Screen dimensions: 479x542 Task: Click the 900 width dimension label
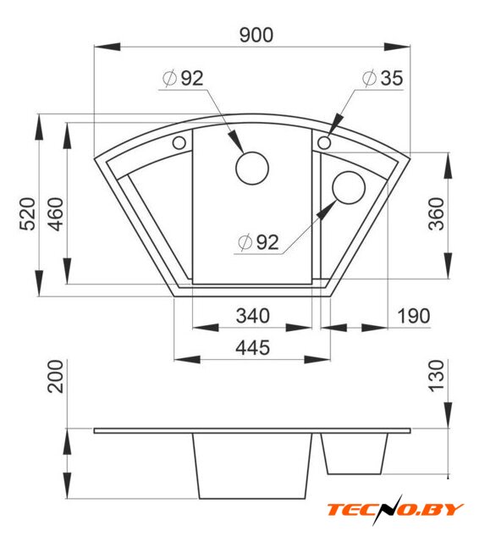[256, 35]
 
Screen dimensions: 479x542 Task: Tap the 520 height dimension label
[27, 214]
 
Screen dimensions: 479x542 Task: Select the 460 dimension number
[56, 214]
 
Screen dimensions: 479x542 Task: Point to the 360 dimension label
[436, 214]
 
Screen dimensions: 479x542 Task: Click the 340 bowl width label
[252, 316]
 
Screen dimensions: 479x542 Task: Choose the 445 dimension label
[252, 348]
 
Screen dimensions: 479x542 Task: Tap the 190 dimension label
[414, 316]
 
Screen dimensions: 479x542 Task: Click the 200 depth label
[56, 376]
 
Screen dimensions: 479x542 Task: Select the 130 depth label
[436, 376]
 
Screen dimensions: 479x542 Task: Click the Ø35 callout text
[383, 78]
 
